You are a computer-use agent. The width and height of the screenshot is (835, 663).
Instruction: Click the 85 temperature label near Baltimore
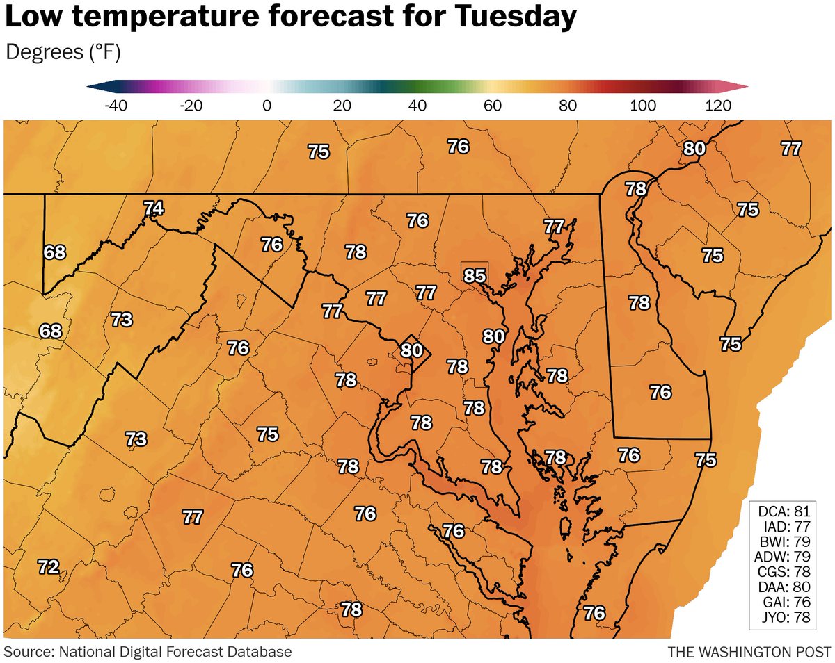(474, 276)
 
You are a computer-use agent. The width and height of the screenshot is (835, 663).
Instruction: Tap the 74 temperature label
(154, 208)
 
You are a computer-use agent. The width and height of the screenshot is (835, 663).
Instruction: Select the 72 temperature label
(48, 566)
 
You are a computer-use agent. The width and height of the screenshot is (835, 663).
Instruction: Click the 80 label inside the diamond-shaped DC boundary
(412, 350)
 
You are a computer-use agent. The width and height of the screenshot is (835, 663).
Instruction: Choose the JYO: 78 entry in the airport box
(789, 617)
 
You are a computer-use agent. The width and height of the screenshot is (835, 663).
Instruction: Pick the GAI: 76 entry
(789, 602)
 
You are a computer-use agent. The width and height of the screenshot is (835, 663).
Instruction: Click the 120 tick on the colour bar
(717, 106)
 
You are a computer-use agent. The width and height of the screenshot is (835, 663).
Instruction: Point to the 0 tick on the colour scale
(267, 106)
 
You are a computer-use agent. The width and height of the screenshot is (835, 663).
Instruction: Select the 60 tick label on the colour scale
(493, 106)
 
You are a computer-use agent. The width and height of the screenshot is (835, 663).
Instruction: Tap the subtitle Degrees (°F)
(63, 52)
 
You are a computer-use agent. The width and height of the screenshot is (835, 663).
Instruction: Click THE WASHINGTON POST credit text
(749, 652)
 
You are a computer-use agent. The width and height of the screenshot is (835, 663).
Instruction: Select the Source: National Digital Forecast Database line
(148, 652)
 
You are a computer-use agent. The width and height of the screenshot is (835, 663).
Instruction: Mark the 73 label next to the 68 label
(122, 320)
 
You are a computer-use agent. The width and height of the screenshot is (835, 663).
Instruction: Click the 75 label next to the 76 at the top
(319, 152)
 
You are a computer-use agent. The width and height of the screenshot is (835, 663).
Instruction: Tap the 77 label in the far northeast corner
(791, 148)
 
